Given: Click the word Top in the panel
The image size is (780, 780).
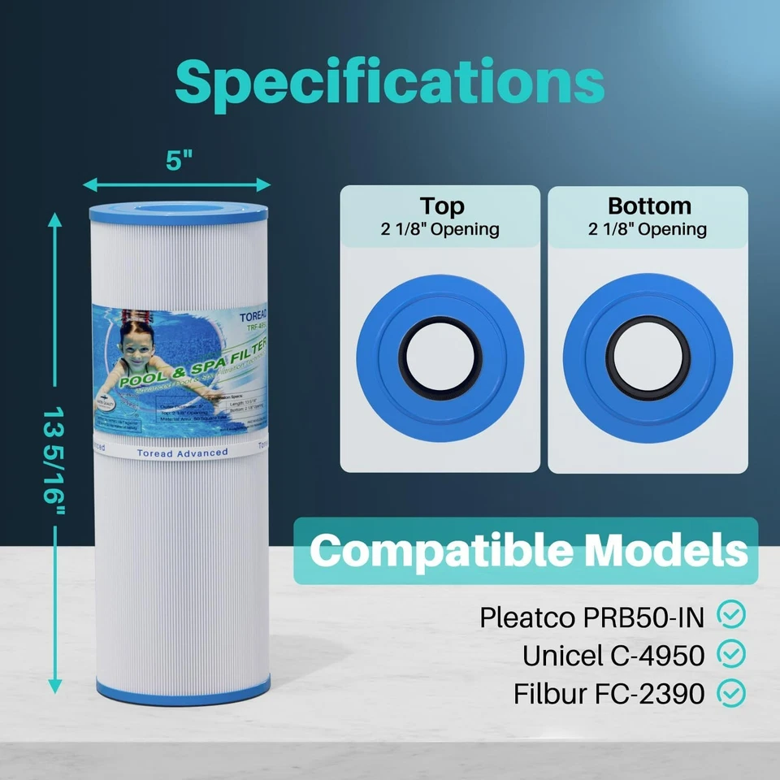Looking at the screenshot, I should [441, 206].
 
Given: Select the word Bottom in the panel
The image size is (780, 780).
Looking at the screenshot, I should [649, 206].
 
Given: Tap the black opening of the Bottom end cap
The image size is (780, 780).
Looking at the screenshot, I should [648, 357].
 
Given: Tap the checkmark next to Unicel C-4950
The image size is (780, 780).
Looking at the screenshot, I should [733, 654].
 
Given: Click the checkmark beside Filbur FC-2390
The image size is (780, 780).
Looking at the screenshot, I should [733, 693].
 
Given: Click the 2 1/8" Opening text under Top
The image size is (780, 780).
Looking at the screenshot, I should [440, 229].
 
